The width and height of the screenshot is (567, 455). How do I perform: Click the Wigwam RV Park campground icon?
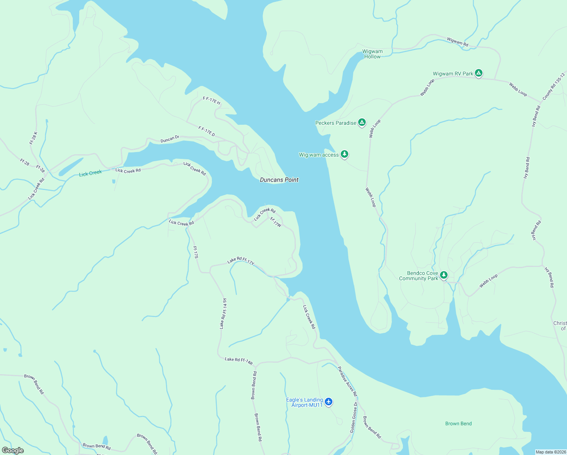(478, 73)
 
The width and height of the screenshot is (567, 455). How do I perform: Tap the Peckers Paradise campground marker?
(362, 122)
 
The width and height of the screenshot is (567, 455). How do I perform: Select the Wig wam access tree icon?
(344, 154)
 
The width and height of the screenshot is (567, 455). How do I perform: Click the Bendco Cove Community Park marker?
(443, 275)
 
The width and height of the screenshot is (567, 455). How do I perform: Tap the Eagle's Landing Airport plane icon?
(328, 402)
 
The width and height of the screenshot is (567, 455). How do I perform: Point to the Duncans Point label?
(279, 180)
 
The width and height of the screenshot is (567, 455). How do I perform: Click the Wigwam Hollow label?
(372, 54)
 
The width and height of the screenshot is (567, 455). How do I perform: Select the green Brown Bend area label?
(458, 424)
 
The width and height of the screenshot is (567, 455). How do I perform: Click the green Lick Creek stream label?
(90, 173)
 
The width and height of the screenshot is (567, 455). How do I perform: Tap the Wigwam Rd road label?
(457, 42)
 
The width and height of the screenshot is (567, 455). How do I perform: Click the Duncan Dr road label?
(169, 139)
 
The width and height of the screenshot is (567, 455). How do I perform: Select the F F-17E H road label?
(211, 100)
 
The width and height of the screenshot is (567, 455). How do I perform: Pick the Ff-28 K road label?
(33, 138)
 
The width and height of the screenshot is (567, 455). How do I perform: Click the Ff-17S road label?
(196, 252)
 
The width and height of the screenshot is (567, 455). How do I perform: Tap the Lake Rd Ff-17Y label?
(241, 261)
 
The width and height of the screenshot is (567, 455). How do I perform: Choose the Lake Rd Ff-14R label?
(238, 361)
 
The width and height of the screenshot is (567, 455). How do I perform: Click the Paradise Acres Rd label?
(347, 381)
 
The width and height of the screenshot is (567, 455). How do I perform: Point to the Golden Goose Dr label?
(353, 418)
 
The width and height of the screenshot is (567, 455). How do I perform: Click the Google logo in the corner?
(13, 450)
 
